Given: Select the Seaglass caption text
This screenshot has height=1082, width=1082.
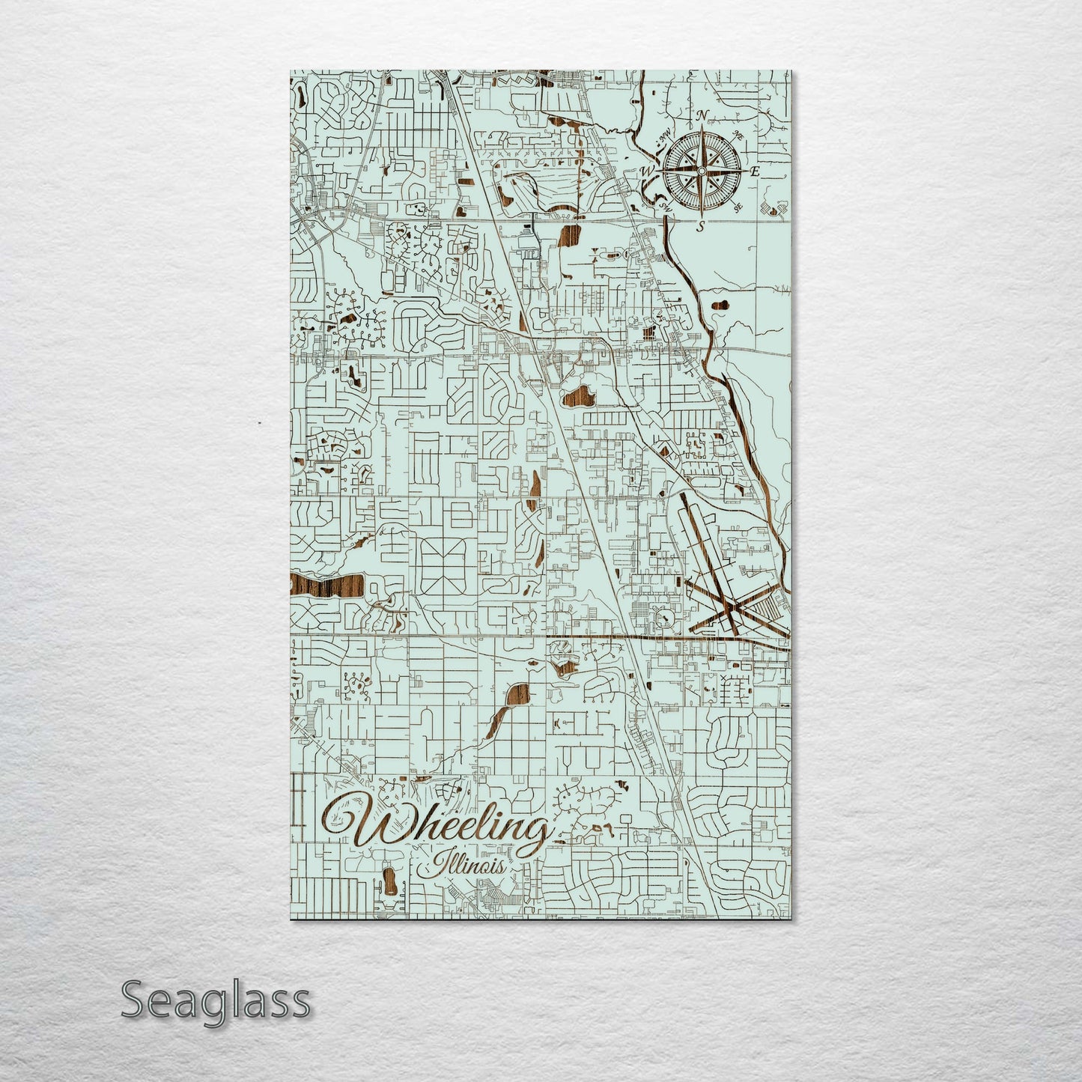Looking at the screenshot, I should [215, 1000].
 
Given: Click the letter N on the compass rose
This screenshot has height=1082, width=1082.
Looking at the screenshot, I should [702, 115].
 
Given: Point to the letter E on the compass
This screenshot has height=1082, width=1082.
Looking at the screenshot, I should [756, 171].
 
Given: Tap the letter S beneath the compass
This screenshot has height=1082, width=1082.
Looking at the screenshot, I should [700, 227].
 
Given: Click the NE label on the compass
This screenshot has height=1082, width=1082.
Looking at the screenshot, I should [738, 136].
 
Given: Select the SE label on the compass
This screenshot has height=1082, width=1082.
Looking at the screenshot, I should [738, 207].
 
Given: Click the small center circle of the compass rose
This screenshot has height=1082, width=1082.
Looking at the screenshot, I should [701, 171].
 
